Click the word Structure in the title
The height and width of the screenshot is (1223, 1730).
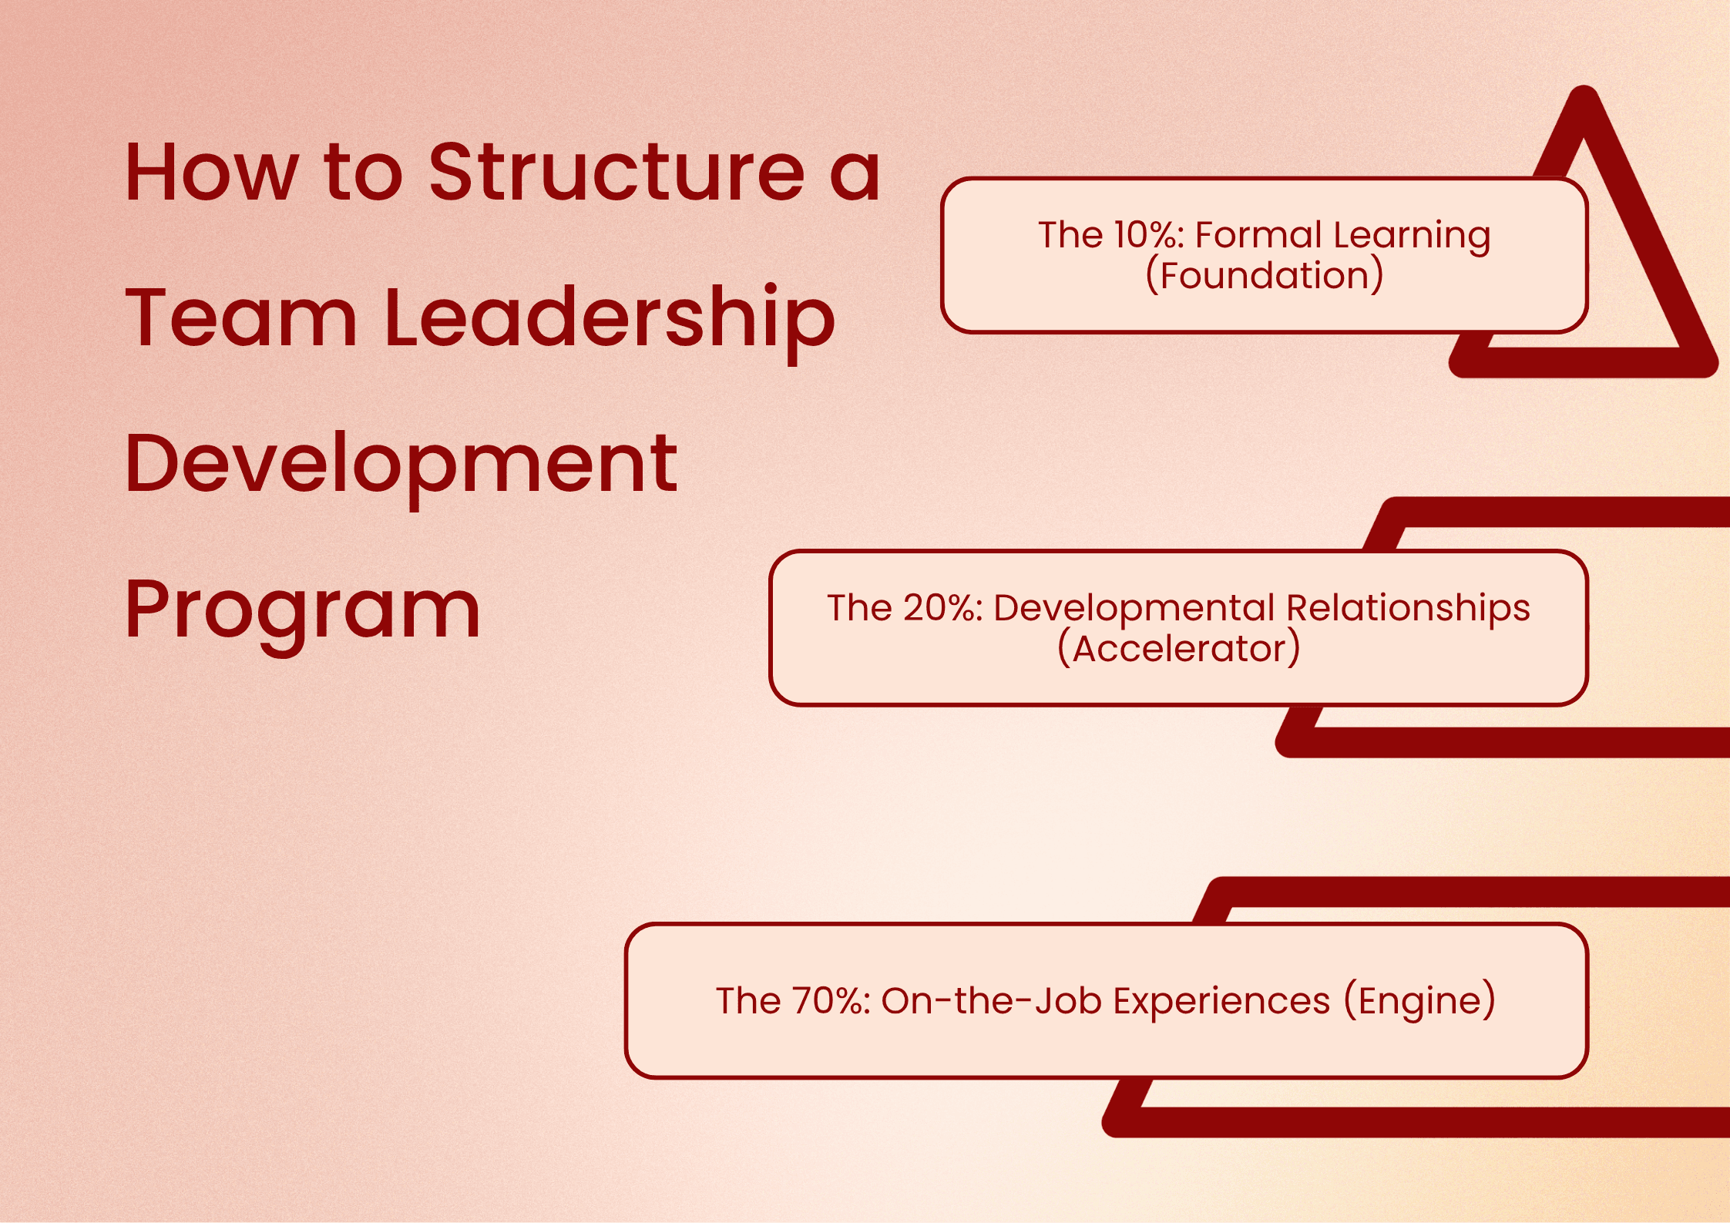[616, 172]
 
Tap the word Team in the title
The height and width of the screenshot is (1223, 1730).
[241, 316]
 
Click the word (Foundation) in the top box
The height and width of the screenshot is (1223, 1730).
[1265, 276]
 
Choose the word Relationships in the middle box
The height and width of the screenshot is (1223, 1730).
[1408, 609]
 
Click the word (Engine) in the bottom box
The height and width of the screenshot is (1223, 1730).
[1419, 1002]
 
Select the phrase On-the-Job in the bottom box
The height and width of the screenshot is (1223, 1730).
[992, 1000]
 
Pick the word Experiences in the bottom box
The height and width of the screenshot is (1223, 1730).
[1222, 1002]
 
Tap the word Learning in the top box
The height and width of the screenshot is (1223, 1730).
[1412, 236]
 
